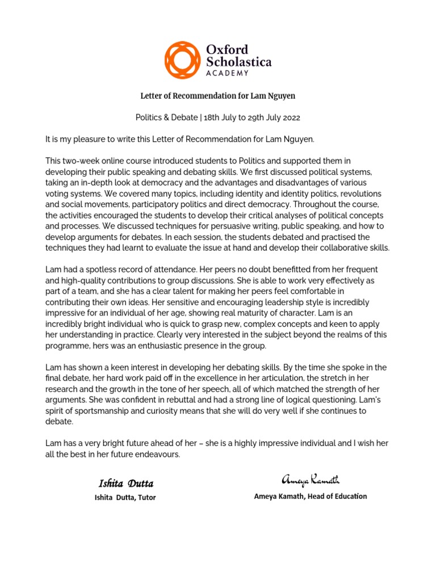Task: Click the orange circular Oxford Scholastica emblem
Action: pos(183,60)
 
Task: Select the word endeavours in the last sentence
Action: pos(158,454)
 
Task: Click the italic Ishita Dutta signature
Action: pos(125,483)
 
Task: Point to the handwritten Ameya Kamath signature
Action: pos(311,481)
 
